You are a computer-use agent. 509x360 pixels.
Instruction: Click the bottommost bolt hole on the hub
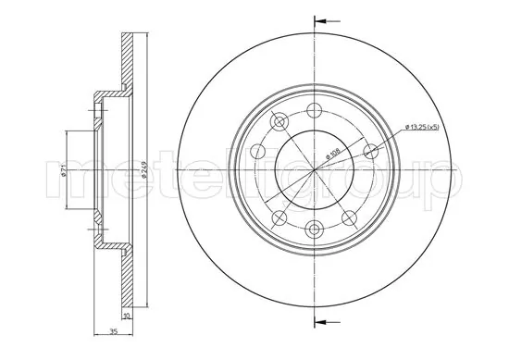point(315,230)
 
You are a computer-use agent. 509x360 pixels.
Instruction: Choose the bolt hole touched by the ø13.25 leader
point(372,151)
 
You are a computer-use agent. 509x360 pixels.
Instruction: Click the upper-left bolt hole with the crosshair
point(279,121)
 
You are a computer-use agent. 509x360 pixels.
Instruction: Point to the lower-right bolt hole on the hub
point(350,218)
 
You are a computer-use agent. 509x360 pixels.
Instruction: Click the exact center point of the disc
point(315,170)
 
